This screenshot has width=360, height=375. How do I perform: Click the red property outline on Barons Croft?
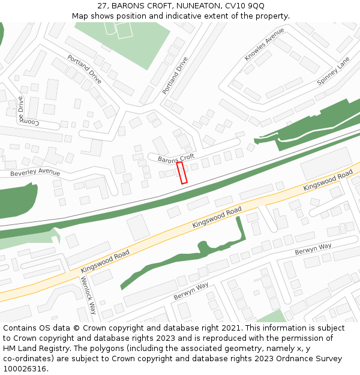click(x=182, y=172)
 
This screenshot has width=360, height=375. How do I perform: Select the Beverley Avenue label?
click(x=35, y=173)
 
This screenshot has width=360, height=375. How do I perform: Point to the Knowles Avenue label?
click(x=264, y=44)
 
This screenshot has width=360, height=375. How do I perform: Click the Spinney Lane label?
click(x=333, y=71)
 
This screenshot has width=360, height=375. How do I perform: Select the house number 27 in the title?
click(x=102, y=6)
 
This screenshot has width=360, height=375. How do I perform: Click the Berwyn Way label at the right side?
click(x=313, y=249)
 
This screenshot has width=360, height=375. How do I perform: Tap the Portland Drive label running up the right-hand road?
click(x=175, y=76)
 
